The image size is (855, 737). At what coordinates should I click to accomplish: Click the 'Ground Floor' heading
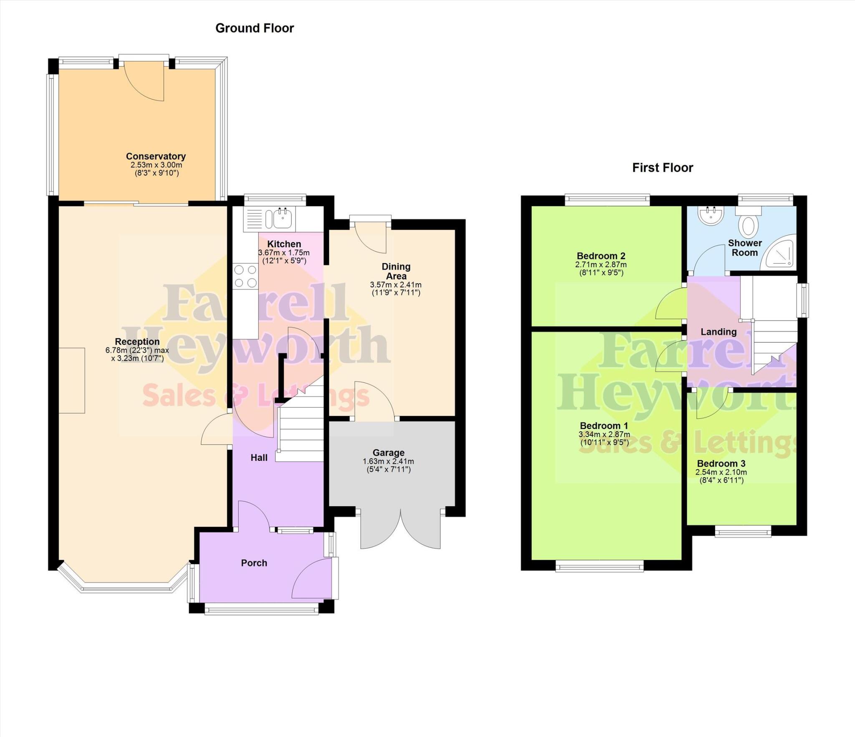(x=254, y=28)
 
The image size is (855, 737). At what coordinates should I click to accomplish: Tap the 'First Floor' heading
(x=662, y=168)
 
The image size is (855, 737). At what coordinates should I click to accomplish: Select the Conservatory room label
(x=156, y=156)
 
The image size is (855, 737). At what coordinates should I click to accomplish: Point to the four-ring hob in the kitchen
(x=245, y=276)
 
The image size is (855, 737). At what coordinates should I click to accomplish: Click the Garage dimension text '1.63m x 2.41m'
(x=388, y=461)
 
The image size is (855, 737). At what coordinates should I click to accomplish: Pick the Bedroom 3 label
(x=721, y=463)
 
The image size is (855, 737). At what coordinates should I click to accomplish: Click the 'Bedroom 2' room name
(x=601, y=256)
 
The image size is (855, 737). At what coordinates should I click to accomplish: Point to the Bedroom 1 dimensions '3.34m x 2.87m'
(x=604, y=434)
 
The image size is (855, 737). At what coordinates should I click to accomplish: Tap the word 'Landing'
(x=718, y=332)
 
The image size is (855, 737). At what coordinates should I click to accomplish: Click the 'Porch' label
(x=254, y=563)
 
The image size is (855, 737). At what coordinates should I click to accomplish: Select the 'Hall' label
(x=259, y=458)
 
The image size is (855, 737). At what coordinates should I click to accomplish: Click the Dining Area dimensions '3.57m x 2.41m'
(x=395, y=285)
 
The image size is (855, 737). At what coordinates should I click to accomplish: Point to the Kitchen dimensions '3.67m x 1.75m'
(x=284, y=253)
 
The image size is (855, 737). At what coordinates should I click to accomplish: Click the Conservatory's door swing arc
(x=144, y=86)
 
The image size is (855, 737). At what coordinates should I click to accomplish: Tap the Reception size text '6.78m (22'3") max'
(x=137, y=350)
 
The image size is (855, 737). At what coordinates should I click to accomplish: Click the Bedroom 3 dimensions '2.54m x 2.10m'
(x=721, y=472)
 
